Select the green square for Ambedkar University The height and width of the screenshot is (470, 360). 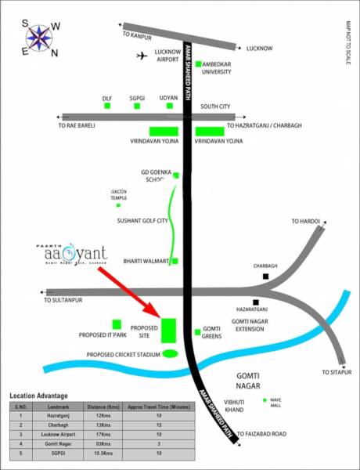[199, 63]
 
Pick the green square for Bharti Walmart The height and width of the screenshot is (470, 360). [175, 260]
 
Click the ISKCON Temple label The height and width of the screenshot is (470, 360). [120, 195]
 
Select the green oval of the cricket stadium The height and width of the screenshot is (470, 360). [170, 354]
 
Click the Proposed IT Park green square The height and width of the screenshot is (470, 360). [117, 324]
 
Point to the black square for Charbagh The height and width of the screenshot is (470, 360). [266, 276]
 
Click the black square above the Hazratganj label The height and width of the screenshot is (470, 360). [256, 302]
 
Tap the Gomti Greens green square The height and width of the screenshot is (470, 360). [197, 332]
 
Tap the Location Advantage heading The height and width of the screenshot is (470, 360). [39, 396]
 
